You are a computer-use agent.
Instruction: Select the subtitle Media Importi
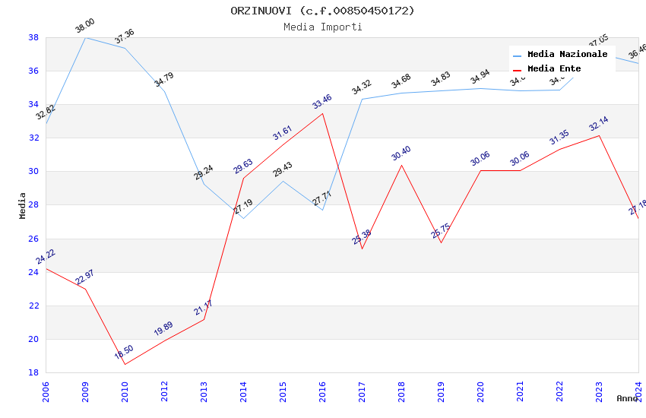click(322, 27)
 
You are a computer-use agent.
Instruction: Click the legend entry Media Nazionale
click(567, 54)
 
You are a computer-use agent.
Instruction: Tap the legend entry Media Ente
click(554, 68)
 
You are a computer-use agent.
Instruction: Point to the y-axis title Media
click(23, 205)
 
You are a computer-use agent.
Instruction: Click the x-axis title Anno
click(627, 398)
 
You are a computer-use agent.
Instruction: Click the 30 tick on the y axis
click(33, 172)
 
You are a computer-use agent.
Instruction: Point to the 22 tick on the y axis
click(33, 306)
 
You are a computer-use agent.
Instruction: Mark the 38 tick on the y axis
click(33, 37)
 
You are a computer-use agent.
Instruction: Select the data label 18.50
click(124, 352)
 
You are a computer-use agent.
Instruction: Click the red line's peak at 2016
click(322, 113)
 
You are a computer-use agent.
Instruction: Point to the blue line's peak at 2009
click(85, 37)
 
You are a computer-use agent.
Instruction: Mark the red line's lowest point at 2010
click(125, 364)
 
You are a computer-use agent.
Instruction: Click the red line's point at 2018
click(401, 165)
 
